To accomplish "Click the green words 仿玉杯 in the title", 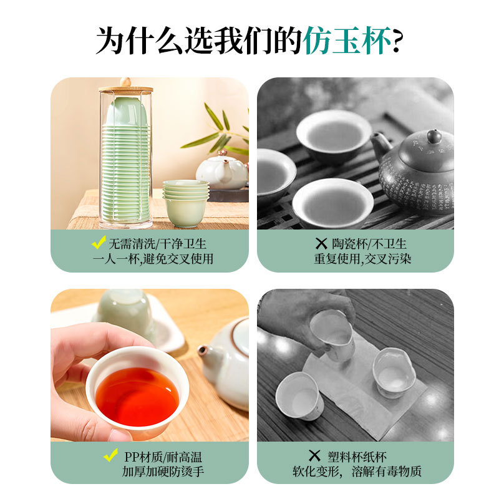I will pyautogui.click(x=348, y=42).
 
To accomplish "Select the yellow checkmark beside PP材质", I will pyautogui.click(x=110, y=455).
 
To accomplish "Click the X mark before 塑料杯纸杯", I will pyautogui.click(x=314, y=456).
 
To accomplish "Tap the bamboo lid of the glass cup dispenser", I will pyautogui.click(x=125, y=89).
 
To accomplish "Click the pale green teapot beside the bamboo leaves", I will pyautogui.click(x=221, y=171).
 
